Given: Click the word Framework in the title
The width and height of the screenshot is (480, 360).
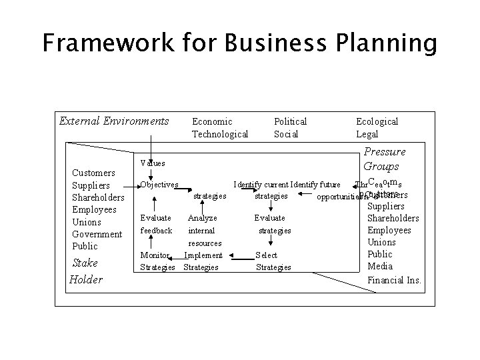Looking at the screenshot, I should pyautogui.click(x=108, y=44).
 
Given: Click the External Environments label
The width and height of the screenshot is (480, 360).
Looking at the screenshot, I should pyautogui.click(x=114, y=121).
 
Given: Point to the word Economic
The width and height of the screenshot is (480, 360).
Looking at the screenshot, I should pyautogui.click(x=212, y=121).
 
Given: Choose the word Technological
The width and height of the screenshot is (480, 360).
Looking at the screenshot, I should pyautogui.click(x=220, y=134).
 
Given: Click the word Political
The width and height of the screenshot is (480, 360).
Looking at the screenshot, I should pyautogui.click(x=291, y=121).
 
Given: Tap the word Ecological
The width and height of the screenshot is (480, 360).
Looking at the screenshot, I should pyautogui.click(x=377, y=121).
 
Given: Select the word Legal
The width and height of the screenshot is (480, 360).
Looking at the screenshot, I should pyautogui.click(x=367, y=134).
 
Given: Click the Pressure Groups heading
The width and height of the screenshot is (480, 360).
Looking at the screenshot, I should pyautogui.click(x=384, y=159).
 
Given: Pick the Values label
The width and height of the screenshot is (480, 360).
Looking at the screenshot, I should pyautogui.click(x=153, y=163).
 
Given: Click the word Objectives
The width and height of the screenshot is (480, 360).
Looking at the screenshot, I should pyautogui.click(x=159, y=184).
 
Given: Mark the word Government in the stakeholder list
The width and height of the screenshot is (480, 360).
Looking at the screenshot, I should pyautogui.click(x=97, y=234).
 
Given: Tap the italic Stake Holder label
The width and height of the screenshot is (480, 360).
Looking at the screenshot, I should pyautogui.click(x=86, y=271).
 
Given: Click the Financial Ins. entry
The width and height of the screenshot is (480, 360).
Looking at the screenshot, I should pyautogui.click(x=395, y=279).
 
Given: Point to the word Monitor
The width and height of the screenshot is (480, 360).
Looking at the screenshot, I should pyautogui.click(x=153, y=255).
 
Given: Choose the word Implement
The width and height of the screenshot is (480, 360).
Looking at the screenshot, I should pyautogui.click(x=203, y=255).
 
